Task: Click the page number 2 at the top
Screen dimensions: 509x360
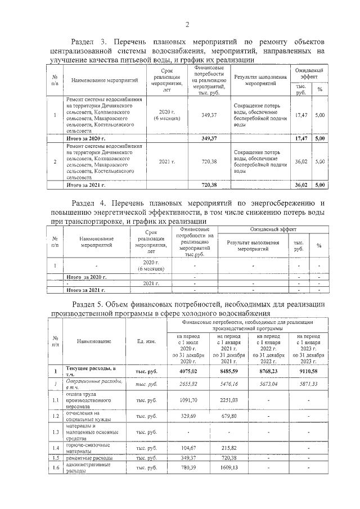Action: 187,24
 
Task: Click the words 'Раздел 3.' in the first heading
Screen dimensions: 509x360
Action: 88,42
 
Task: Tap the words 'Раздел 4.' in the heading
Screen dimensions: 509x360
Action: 91,202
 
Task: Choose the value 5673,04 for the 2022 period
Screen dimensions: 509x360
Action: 268,382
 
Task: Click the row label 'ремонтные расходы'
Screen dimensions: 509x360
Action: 86,458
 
